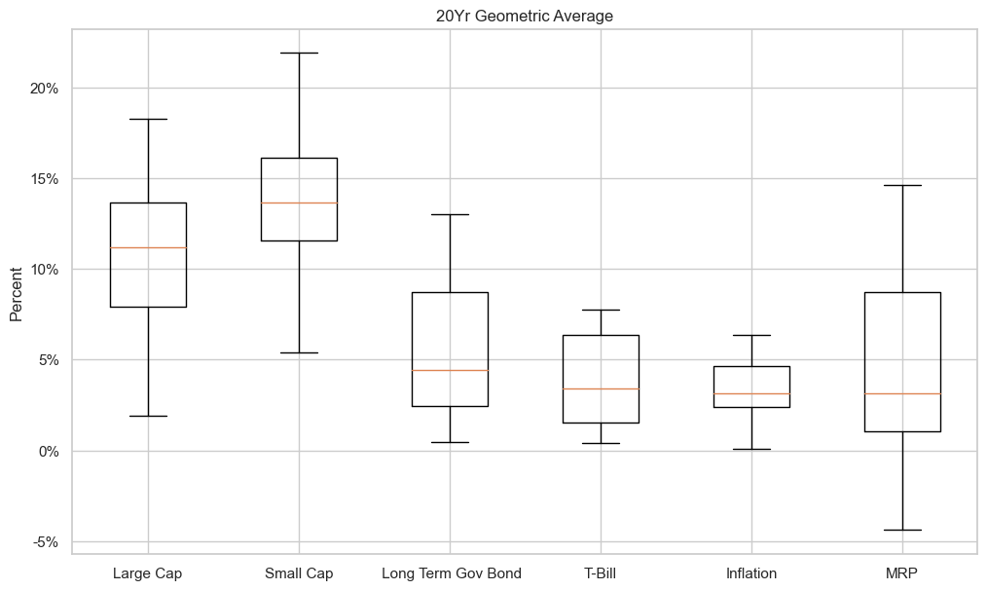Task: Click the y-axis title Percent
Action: point(17,289)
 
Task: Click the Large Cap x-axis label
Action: point(148,573)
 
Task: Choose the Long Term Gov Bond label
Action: point(451,573)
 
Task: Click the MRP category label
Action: point(902,573)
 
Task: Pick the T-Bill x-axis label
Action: point(601,573)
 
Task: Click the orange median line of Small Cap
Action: point(299,203)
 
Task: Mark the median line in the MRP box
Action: point(902,393)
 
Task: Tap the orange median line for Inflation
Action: point(751,393)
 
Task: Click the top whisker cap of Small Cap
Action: point(299,53)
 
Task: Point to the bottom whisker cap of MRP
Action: point(902,530)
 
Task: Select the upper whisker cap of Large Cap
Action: point(148,119)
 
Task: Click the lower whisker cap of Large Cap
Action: point(148,416)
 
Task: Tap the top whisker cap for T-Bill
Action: point(601,310)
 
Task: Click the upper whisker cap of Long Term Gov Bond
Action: point(451,214)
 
